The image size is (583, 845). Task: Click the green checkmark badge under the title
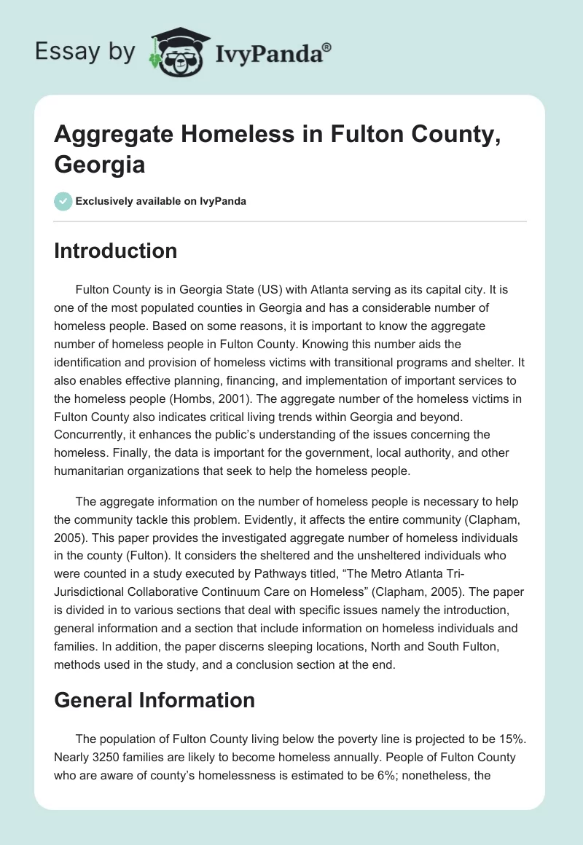(63, 201)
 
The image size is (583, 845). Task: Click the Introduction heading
(115, 251)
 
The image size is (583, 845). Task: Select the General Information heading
(154, 700)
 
